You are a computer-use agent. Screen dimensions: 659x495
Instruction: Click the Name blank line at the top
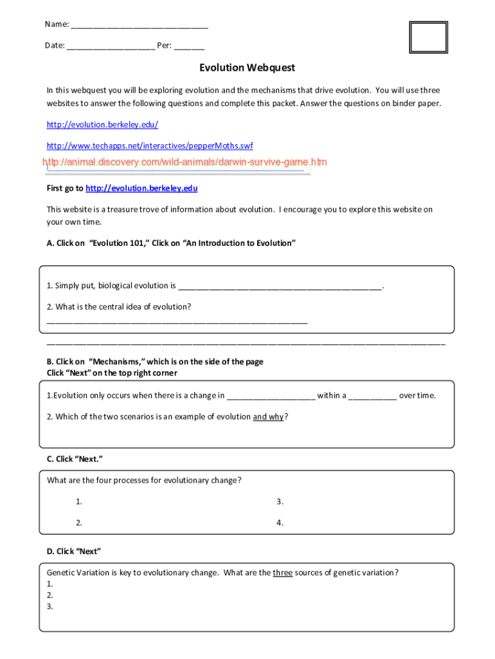(x=139, y=26)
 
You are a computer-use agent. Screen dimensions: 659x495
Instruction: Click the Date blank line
(x=110, y=47)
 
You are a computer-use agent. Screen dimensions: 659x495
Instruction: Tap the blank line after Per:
(x=189, y=47)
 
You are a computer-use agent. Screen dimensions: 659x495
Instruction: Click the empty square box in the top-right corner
(x=428, y=37)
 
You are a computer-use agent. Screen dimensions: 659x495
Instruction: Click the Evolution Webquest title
(x=247, y=68)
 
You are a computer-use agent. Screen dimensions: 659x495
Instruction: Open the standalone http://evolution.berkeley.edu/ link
(x=102, y=124)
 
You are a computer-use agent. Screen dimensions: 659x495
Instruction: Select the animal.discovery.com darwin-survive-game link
(x=185, y=162)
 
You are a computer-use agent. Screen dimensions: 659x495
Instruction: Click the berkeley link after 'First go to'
(x=141, y=189)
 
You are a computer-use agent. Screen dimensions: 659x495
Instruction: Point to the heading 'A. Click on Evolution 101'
(x=171, y=243)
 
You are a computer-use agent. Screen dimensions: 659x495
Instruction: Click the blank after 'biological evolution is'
(x=280, y=286)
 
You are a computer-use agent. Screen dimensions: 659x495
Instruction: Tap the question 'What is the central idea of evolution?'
(x=119, y=306)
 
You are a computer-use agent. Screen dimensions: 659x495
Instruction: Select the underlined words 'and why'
(x=268, y=416)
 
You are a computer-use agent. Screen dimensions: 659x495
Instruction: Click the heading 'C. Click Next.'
(x=75, y=459)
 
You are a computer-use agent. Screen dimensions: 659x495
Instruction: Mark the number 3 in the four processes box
(x=280, y=501)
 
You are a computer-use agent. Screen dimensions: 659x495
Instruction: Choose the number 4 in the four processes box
(x=280, y=523)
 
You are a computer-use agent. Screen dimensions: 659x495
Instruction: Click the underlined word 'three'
(x=283, y=573)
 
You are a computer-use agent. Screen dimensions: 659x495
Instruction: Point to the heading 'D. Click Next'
(x=74, y=552)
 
